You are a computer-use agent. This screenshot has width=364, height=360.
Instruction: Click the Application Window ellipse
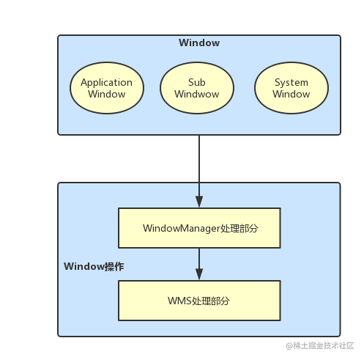tap(106, 88)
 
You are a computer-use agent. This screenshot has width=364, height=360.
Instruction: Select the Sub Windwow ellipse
tap(196, 88)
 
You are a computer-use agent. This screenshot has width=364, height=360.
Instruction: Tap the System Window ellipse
tap(291, 88)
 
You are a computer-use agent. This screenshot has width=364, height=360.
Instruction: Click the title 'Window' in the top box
tap(199, 43)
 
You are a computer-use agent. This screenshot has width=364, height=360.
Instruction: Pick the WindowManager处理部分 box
tap(199, 228)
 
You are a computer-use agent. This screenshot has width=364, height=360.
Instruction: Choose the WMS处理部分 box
tap(199, 301)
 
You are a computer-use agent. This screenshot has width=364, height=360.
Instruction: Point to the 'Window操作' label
tap(94, 266)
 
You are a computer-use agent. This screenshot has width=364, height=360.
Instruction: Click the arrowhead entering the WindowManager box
tap(199, 202)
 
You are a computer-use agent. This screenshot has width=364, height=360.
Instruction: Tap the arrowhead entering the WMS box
tap(199, 274)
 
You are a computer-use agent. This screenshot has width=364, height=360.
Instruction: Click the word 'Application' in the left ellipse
tap(106, 82)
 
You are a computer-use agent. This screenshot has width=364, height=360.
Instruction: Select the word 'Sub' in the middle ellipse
tap(196, 82)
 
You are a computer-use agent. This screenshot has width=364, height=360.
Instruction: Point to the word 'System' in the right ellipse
tap(291, 82)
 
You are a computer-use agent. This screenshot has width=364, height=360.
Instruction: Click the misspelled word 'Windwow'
tap(196, 94)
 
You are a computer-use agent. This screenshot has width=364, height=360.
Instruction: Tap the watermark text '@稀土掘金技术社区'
tap(310, 345)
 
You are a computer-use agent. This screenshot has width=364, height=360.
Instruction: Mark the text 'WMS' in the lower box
tap(179, 301)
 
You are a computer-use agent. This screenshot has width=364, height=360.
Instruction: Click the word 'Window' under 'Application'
tap(106, 94)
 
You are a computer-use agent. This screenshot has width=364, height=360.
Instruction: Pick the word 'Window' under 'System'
tap(291, 94)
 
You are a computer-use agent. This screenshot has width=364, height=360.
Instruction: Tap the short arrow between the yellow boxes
tap(199, 260)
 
